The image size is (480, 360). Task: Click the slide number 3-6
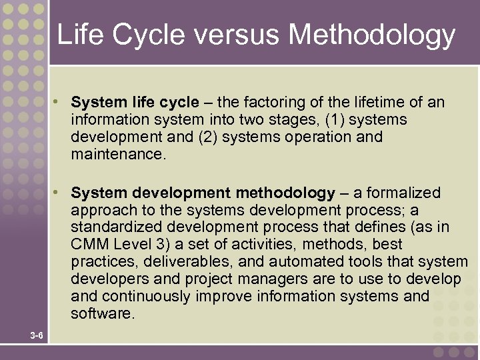pos(37,335)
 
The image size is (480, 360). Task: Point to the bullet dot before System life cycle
pos(59,103)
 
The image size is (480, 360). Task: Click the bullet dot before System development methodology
pos(59,193)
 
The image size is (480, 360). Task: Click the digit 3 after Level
pos(155,245)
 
